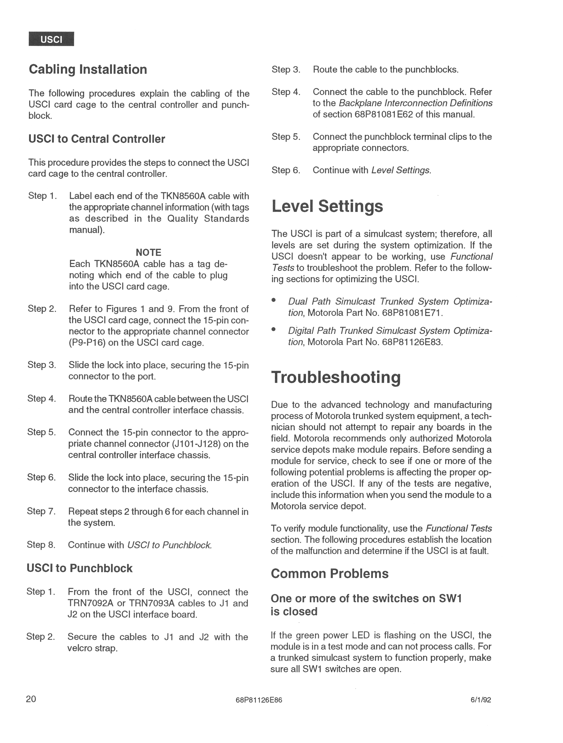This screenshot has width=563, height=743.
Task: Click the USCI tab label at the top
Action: (x=51, y=39)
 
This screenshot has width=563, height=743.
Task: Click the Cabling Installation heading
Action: (x=88, y=70)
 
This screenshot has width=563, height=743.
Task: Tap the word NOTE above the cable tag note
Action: (x=148, y=252)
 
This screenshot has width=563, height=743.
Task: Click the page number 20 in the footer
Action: (x=31, y=699)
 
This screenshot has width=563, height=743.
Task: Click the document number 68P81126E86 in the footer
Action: (x=259, y=700)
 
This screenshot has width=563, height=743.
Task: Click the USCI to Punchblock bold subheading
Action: (x=80, y=568)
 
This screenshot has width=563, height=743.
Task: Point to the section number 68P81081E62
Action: (x=384, y=115)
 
